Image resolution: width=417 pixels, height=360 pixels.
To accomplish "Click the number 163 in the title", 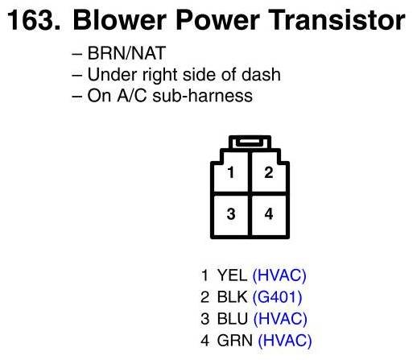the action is click(34, 19).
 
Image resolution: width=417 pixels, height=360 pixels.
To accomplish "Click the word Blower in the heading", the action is click(119, 19).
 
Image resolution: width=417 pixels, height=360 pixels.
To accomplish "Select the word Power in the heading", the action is click(217, 19).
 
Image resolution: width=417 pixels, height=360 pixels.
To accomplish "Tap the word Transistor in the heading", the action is click(336, 19).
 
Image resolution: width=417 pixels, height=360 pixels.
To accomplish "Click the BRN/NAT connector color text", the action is click(126, 53).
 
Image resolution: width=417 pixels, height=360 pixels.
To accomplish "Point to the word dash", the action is click(261, 74).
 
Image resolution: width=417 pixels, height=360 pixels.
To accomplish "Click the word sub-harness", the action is click(203, 96).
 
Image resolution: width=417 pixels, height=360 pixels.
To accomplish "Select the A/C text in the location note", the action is click(132, 96).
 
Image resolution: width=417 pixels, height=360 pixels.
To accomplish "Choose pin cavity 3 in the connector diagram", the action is click(231, 215).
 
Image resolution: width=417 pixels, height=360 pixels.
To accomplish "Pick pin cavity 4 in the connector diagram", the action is click(269, 215).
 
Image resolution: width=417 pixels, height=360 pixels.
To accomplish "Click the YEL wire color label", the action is click(232, 275).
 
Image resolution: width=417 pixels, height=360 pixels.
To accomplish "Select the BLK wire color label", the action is click(232, 297).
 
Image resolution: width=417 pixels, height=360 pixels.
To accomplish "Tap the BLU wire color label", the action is click(233, 319).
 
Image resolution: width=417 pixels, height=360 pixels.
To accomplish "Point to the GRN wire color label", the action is click(235, 340).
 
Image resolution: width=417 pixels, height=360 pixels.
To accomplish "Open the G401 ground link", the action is click(278, 297).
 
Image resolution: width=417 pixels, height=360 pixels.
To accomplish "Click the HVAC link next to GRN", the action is click(285, 341).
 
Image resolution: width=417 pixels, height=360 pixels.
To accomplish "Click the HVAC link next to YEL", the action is click(279, 275).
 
